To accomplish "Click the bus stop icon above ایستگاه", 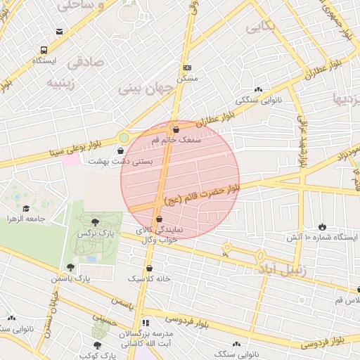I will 44,51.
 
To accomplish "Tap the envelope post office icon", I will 59,32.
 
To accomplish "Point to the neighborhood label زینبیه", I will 62,82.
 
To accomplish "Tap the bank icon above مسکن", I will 187,67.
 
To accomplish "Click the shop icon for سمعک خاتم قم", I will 176,129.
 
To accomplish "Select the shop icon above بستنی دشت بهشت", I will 120,150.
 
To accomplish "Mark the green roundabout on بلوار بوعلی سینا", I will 124,139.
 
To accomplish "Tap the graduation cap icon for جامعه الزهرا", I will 27,208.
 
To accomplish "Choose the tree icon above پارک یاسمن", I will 70,266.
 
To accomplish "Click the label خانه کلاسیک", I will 149,278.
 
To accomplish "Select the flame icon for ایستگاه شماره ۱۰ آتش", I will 322,226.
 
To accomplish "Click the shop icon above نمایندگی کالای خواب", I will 159,219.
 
